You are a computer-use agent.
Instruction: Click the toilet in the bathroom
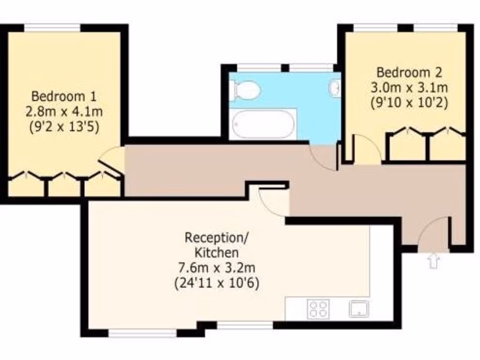pyautogui.click(x=244, y=90)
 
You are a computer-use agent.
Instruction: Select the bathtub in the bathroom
pyautogui.click(x=263, y=124)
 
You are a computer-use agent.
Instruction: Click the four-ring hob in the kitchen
pyautogui.click(x=318, y=309)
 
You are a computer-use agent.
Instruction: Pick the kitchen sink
pyautogui.click(x=359, y=309)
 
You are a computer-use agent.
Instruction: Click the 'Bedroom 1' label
pyautogui.click(x=64, y=97)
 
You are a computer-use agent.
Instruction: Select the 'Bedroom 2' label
pyautogui.click(x=409, y=73)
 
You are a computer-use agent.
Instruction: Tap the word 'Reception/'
pyautogui.click(x=217, y=238)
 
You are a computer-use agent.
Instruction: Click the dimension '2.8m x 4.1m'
pyautogui.click(x=64, y=112)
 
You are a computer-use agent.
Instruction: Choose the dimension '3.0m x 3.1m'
pyautogui.click(x=409, y=87)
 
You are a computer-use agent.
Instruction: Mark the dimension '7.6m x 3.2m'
pyautogui.click(x=217, y=268)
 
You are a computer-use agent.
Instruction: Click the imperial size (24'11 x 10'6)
pyautogui.click(x=217, y=283)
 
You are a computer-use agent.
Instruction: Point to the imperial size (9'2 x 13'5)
pyautogui.click(x=64, y=127)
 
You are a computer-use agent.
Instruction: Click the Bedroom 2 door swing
pyautogui.click(x=367, y=150)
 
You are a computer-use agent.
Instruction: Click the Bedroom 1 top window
pyautogui.click(x=52, y=28)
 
